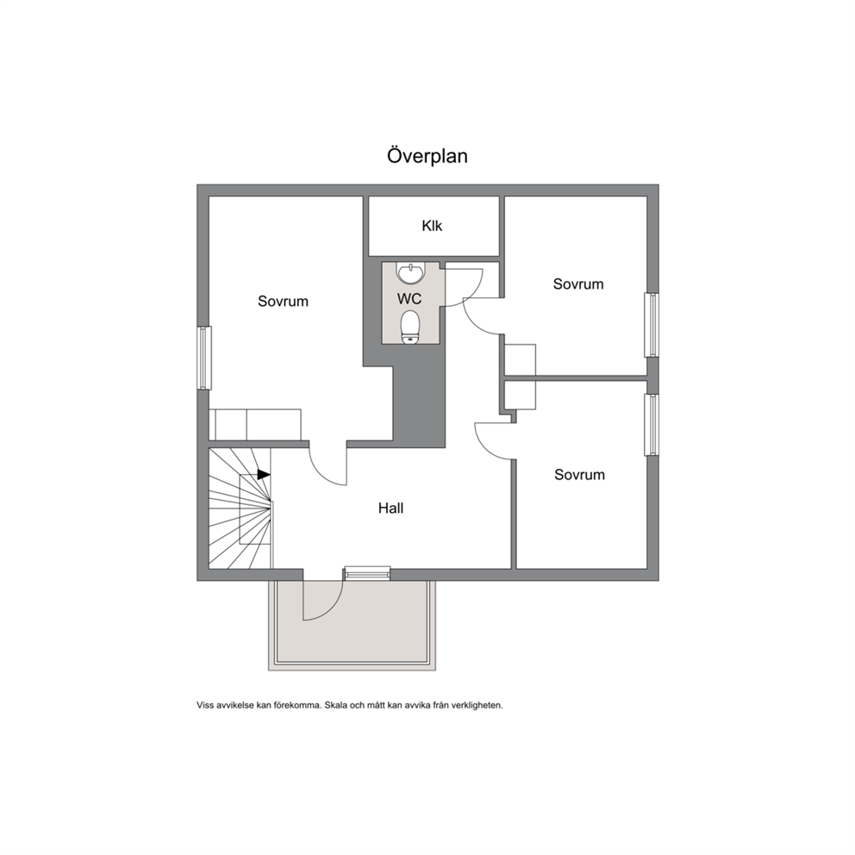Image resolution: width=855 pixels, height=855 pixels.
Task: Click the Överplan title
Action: (x=427, y=156)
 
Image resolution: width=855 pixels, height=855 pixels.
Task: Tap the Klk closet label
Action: (x=432, y=226)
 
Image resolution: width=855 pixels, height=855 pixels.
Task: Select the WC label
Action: (x=409, y=299)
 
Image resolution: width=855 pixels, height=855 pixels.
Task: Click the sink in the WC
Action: (x=410, y=273)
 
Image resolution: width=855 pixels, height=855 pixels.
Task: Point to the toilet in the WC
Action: (x=410, y=328)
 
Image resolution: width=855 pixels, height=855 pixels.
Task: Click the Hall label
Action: (x=391, y=509)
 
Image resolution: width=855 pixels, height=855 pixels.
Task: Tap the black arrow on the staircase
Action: (x=264, y=475)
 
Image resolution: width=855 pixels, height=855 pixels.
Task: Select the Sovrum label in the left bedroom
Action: (x=283, y=302)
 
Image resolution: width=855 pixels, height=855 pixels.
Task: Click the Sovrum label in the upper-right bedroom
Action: (x=578, y=284)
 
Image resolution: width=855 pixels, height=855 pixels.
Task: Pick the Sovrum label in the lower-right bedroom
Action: (x=580, y=475)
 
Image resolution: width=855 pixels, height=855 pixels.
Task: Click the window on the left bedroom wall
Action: (x=204, y=358)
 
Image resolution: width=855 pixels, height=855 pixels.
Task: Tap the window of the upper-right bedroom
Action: (x=652, y=325)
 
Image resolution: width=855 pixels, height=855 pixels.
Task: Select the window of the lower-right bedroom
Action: (x=652, y=424)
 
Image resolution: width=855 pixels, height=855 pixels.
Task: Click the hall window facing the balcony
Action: (x=367, y=573)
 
